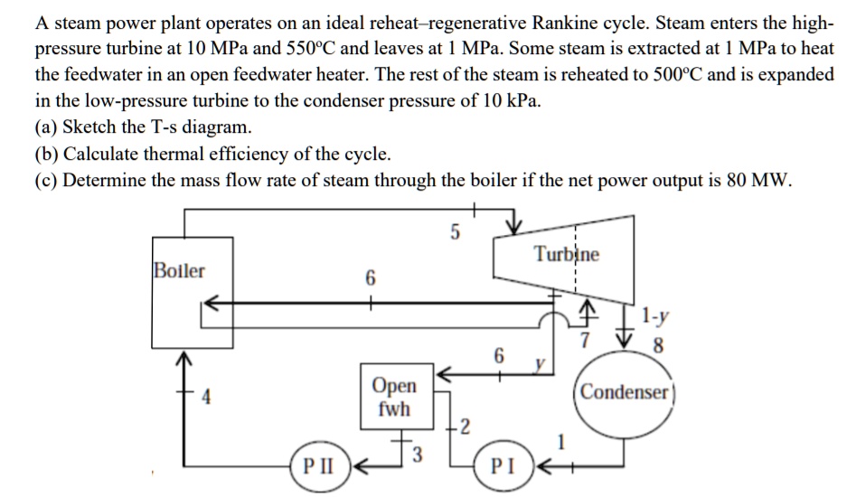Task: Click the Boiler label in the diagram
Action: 179,271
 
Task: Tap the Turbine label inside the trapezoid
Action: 566,254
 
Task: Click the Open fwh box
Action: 395,398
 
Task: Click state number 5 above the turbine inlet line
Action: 455,233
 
